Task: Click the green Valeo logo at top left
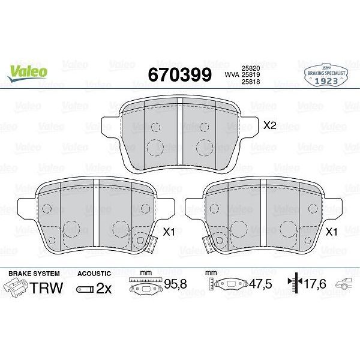28,70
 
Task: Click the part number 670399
179,74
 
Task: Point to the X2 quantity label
269,125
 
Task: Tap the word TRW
47,288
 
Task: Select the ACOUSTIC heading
94,274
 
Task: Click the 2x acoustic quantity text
104,289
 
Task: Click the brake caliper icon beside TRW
18,287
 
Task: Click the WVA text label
230,74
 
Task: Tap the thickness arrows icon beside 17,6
293,286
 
